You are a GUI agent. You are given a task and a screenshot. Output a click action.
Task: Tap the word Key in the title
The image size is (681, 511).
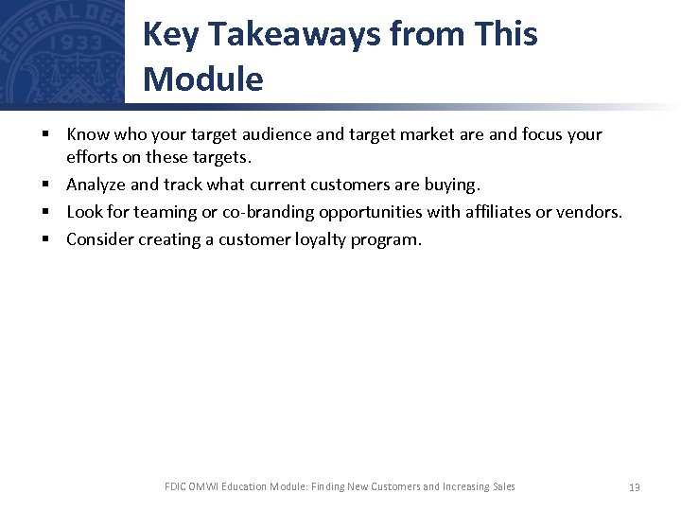[x=172, y=34]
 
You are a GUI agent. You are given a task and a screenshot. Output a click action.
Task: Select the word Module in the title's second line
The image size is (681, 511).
[x=202, y=79]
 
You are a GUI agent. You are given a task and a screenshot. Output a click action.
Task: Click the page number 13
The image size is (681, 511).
[x=634, y=487]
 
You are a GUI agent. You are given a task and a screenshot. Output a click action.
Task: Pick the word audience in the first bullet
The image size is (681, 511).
[x=279, y=134]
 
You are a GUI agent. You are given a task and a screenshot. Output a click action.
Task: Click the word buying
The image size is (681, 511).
[x=453, y=185]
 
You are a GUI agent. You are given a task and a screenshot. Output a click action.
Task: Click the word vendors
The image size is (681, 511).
[x=589, y=212]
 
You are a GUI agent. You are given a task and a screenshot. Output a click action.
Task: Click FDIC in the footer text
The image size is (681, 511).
[x=175, y=486]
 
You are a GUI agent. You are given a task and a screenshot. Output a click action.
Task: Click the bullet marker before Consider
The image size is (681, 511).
[x=44, y=239]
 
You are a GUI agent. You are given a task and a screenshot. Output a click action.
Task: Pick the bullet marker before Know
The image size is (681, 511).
[x=44, y=134]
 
